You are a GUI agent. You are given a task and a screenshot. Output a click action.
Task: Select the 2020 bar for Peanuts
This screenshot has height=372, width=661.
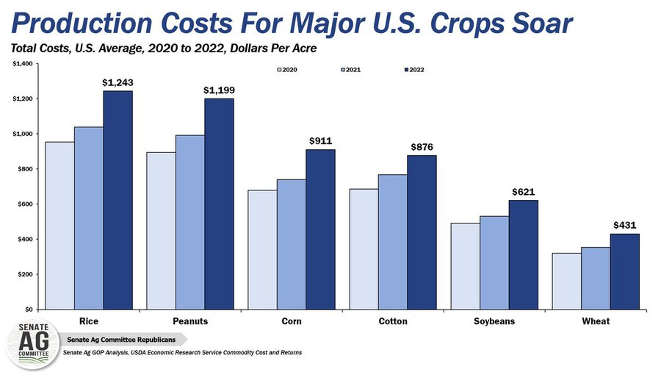(161, 231)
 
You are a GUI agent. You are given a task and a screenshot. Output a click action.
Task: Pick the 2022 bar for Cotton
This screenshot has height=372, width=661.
(422, 232)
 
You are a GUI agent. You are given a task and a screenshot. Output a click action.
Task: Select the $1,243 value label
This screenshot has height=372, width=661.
(118, 83)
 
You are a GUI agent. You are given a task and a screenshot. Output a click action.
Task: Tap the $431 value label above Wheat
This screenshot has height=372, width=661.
(624, 226)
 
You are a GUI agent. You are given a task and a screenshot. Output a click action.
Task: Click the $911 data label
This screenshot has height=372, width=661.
(320, 141)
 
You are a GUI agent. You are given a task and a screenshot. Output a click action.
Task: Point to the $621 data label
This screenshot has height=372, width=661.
(523, 192)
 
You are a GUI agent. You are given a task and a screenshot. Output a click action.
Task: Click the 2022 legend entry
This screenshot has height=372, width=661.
(412, 70)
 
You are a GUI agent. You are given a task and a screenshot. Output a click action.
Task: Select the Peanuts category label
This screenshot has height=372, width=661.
(190, 321)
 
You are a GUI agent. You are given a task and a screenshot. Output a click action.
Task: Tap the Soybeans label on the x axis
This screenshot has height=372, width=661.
(494, 321)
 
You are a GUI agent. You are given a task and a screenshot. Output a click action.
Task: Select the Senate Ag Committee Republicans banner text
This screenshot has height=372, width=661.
(121, 340)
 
